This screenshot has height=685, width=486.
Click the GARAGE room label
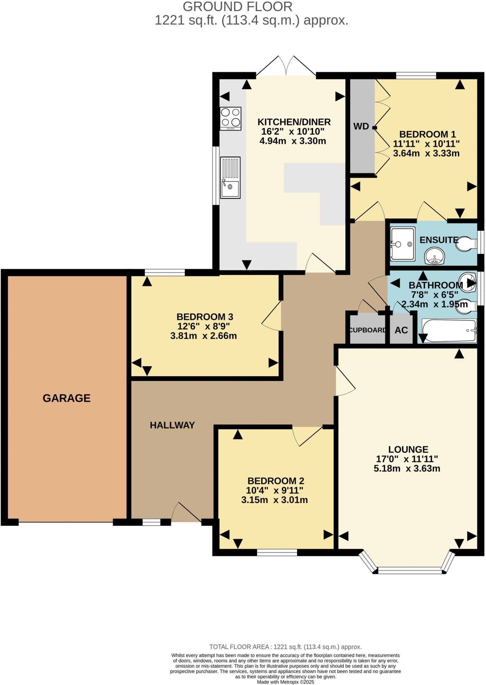point(67,398)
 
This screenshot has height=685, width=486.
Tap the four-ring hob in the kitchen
point(230,118)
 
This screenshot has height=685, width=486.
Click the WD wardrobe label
point(361,126)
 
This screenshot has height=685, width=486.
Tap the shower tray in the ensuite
point(403,244)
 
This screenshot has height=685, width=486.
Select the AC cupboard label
point(401,330)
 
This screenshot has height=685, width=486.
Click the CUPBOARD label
point(367,330)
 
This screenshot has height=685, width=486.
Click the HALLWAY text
point(172,425)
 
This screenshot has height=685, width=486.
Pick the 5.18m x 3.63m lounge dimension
point(407,468)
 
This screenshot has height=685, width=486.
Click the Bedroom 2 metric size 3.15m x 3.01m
point(274,500)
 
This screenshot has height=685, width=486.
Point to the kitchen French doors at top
point(286,67)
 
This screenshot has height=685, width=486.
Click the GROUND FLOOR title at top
point(237,7)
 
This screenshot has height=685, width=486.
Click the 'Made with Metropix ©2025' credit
point(285,682)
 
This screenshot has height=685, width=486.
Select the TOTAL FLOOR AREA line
point(285,647)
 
